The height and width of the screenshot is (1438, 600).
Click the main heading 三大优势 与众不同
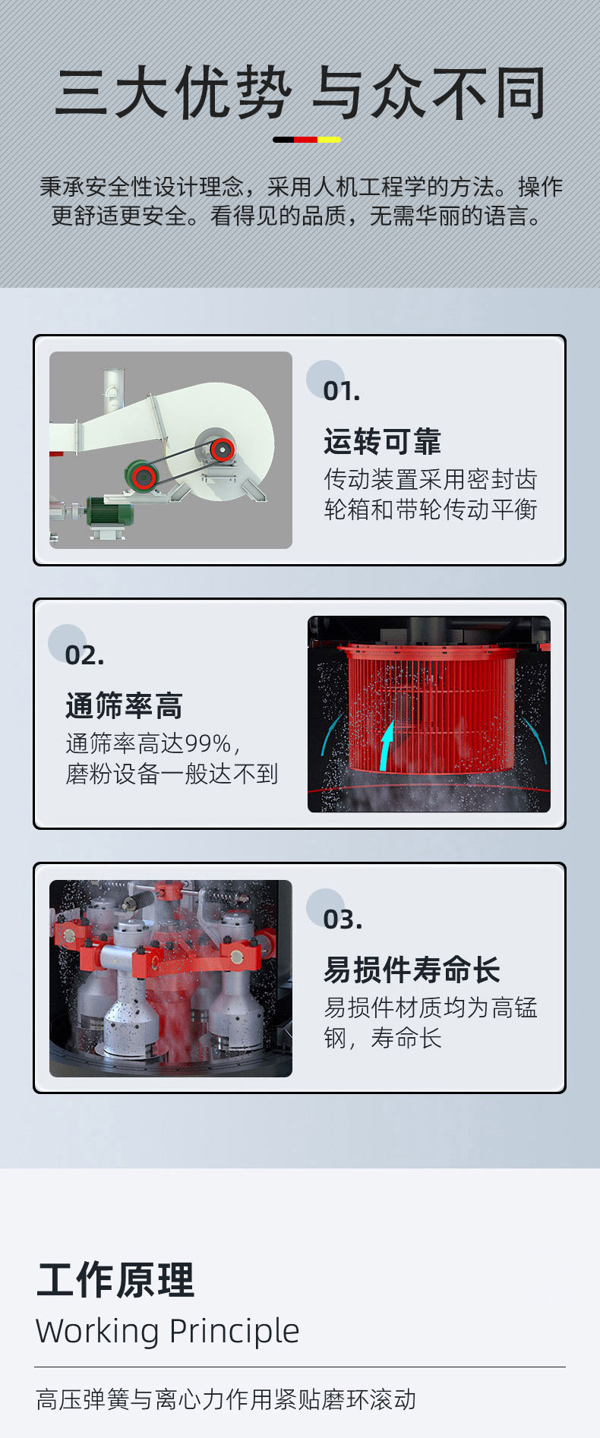click(x=300, y=93)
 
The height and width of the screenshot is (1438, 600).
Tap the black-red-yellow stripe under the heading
click(x=307, y=140)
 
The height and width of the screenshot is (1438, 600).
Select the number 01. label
click(x=342, y=392)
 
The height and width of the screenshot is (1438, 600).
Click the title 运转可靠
click(x=382, y=441)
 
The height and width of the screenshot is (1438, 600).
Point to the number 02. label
click(x=84, y=655)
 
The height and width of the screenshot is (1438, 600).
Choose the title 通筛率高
click(x=124, y=705)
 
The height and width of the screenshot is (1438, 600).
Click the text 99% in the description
click(x=208, y=743)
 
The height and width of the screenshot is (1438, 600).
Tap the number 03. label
click(x=343, y=919)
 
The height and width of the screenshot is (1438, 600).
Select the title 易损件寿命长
click(x=412, y=970)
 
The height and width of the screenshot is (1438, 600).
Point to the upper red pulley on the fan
click(x=221, y=449)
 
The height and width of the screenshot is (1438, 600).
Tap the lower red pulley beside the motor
click(x=142, y=478)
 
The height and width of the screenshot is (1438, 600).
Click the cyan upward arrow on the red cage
click(x=387, y=746)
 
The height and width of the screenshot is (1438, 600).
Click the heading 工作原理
click(x=115, y=1279)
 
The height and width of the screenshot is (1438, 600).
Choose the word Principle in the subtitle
click(x=234, y=1331)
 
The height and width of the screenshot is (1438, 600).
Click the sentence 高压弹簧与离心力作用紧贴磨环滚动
click(x=226, y=1399)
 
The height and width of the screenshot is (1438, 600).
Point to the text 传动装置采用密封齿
click(x=431, y=479)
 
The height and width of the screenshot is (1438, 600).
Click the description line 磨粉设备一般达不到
click(x=172, y=774)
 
